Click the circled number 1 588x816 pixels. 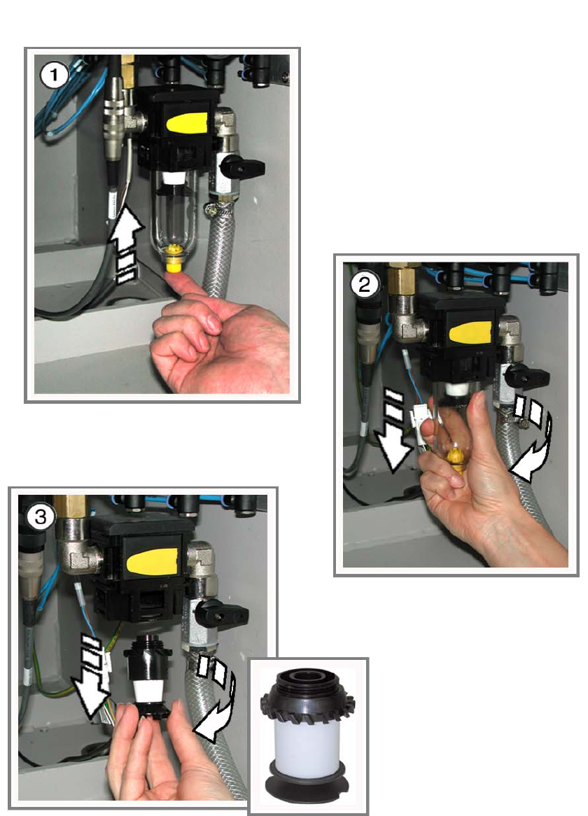tap(54, 76)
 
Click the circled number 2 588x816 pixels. tap(364, 284)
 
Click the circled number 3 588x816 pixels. tap(41, 516)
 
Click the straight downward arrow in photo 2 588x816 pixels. tap(394, 429)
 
